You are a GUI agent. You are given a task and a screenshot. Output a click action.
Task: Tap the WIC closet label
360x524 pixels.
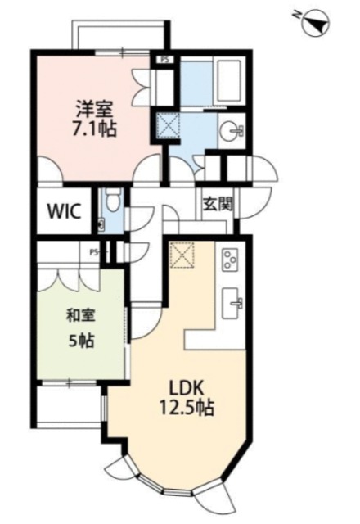[x=64, y=211]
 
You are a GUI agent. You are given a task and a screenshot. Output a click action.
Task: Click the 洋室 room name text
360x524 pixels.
[x=95, y=108]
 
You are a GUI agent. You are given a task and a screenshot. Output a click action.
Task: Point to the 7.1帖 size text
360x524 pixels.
[x=95, y=129]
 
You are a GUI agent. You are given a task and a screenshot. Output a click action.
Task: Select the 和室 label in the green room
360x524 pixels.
[x=81, y=315]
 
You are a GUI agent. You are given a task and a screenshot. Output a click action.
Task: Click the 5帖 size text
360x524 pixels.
[x=81, y=341]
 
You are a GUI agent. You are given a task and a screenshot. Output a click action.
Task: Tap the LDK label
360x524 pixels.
[x=187, y=388]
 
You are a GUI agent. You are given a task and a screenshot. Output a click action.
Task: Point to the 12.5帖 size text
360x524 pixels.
[x=187, y=408]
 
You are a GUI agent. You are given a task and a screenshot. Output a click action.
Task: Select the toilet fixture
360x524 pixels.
[x=114, y=200]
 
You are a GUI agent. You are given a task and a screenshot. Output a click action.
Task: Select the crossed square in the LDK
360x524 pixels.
[x=182, y=255]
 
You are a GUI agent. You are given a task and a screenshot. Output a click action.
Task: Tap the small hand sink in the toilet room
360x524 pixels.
[x=101, y=224]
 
